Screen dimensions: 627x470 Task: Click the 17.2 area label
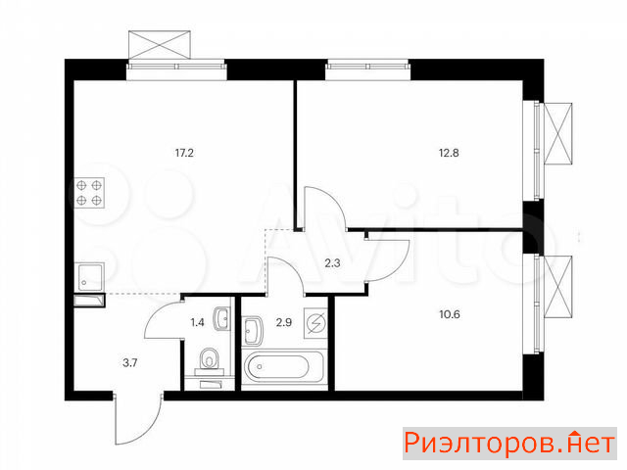[184, 153]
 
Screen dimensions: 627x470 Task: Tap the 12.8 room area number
[449, 153]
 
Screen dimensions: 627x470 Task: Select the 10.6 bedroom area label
[450, 314]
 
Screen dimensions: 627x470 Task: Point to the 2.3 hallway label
[332, 263]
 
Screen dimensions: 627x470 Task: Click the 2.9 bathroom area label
[284, 322]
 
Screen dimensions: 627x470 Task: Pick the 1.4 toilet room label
[198, 322]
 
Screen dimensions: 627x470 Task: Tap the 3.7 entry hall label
[130, 363]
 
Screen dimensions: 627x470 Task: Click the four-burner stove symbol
[89, 193]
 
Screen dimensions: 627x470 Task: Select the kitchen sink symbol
[89, 277]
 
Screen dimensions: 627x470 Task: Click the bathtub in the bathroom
[283, 366]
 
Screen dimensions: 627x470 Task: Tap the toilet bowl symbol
[209, 360]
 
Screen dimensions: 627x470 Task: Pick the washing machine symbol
[315, 323]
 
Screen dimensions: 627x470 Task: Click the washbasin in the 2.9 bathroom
[253, 330]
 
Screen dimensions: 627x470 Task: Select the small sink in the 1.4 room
[222, 319]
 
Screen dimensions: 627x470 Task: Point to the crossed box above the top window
[160, 45]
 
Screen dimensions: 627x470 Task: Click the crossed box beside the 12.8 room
[557, 133]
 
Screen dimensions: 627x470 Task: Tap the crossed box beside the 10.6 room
[558, 287]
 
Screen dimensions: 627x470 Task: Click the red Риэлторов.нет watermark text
[509, 444]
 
